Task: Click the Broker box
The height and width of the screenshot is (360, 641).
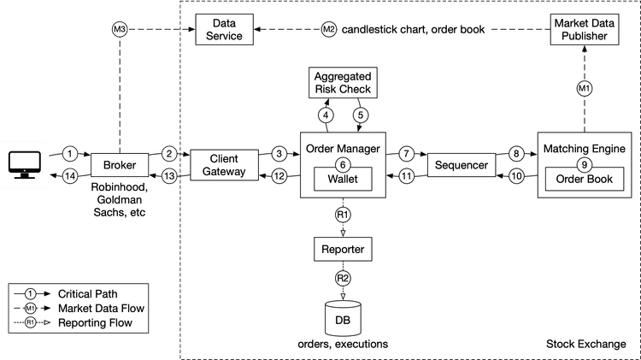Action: (120, 164)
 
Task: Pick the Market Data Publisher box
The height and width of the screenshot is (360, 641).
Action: (585, 29)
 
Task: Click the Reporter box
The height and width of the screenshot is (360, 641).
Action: (342, 250)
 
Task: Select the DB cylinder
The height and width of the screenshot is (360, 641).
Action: (342, 316)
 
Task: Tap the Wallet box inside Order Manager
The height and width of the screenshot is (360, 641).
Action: (342, 180)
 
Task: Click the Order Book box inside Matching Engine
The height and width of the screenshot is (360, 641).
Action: (585, 180)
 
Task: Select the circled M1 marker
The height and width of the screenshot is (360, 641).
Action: (585, 87)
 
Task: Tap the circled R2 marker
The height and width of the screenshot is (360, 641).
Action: (342, 279)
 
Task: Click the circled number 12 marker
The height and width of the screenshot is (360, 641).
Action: (278, 176)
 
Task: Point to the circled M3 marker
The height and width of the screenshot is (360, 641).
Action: (120, 29)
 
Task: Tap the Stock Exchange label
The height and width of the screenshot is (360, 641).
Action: (586, 345)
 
